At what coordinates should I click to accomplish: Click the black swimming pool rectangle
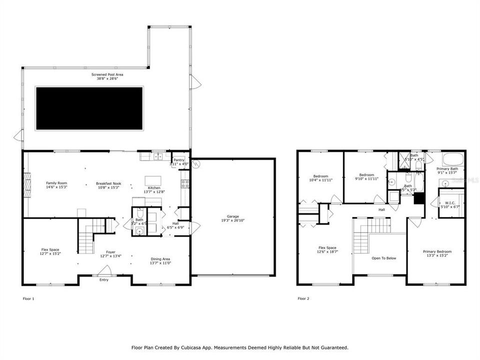(89, 108)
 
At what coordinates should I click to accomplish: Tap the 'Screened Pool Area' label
(107, 74)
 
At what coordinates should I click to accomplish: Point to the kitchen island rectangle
(152, 180)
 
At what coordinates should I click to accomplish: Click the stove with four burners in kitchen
(184, 183)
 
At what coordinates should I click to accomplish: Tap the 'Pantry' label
(178, 159)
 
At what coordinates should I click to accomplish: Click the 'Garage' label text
(233, 216)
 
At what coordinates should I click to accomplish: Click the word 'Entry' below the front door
(104, 279)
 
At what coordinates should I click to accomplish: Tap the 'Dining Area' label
(160, 259)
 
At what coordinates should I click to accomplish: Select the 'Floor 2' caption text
(303, 298)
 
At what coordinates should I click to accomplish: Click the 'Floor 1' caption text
(29, 298)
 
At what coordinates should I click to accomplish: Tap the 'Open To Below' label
(383, 258)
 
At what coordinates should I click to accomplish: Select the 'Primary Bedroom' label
(437, 251)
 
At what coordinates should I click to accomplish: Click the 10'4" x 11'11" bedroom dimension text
(320, 179)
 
